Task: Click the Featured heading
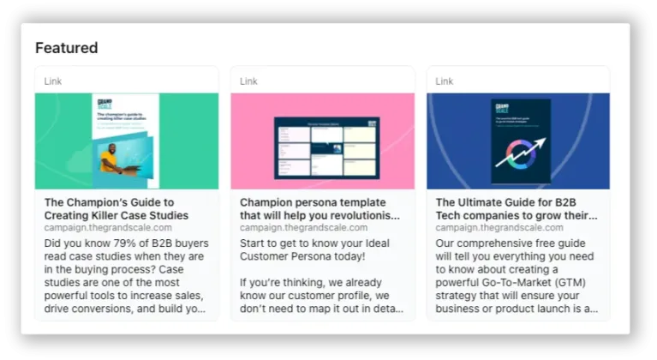point(66,48)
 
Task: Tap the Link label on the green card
point(53,81)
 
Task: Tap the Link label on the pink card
point(248,81)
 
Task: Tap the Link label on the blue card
point(445,81)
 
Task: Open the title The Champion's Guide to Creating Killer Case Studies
point(116,208)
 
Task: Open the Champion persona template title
point(319,208)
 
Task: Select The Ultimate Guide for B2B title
point(516,208)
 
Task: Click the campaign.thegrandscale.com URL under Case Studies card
point(108,228)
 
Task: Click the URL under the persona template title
point(303,228)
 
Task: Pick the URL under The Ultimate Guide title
point(499,228)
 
